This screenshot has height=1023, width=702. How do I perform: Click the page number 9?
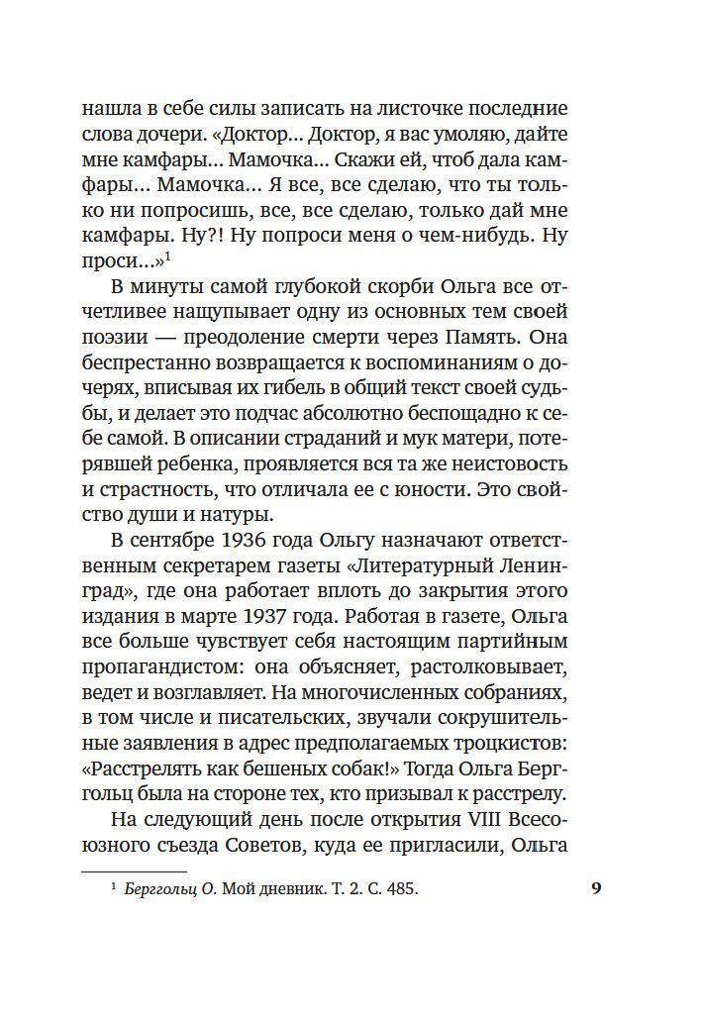point(596,888)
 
